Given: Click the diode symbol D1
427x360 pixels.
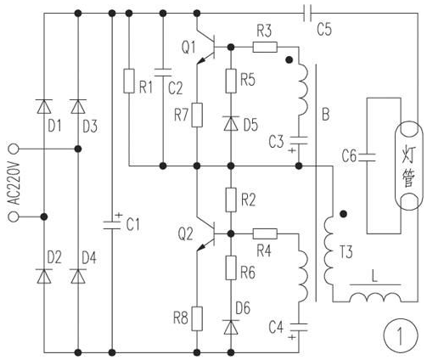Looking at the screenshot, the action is pos(44,106).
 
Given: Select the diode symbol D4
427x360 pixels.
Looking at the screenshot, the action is pos(78,276).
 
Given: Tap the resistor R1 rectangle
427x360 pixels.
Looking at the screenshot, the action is pos(129,81).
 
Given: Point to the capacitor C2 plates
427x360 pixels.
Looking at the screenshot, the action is pos(163,72).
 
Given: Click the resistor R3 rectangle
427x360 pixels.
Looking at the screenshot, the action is pos(265,47).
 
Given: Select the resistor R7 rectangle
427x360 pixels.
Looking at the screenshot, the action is pos(197,115).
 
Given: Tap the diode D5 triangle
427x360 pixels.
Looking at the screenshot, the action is pos(231,123).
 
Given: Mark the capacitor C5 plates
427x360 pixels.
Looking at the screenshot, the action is pos(307,13).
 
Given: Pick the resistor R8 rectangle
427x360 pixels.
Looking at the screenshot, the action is pos(197,318).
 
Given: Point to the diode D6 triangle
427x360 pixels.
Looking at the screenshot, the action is pos(231,327).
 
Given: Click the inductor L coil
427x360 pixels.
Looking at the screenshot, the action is pos(375,297).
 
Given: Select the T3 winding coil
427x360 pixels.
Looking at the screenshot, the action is pos(329,250).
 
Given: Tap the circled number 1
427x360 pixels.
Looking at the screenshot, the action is pos(401,335).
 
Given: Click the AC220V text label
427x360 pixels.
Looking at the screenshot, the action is pos(14,183).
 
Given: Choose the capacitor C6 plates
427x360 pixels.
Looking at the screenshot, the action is pos(367,157).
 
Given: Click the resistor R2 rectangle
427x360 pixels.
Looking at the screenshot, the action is pos(231,200).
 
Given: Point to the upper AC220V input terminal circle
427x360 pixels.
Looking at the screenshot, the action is pos(14,149).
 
